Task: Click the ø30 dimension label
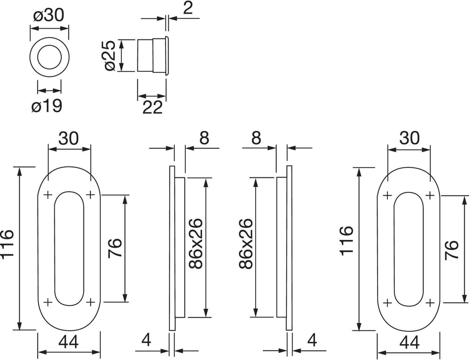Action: coord(49,15)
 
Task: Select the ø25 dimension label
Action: coord(110,56)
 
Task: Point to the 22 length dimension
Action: coord(152,107)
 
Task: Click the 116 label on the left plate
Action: coord(7,243)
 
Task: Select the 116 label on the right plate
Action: coord(347,241)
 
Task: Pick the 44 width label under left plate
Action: coord(68,342)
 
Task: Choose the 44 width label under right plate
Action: coord(409,342)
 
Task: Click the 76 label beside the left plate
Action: coord(115,248)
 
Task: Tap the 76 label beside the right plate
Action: coord(452,250)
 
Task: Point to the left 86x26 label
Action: coord(196,243)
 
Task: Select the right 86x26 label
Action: coord(247,243)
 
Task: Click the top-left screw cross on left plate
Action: coord(47,195)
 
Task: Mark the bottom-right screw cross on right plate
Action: coord(430,303)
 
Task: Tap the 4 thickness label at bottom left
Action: coord(146,340)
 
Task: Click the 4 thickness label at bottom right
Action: coord(312,340)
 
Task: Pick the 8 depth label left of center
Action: coord(204,138)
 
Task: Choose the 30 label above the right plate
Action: coord(409,138)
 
